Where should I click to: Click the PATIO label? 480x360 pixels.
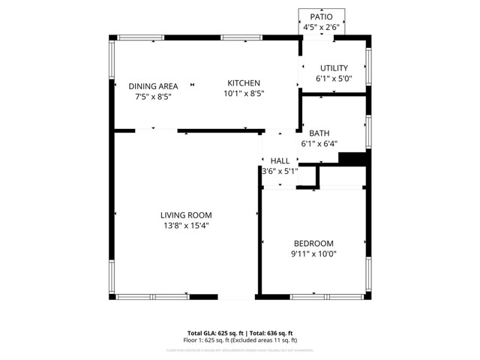pyautogui.click(x=321, y=16)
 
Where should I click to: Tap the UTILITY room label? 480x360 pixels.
pyautogui.click(x=333, y=68)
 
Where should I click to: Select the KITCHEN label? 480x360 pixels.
pyautogui.click(x=244, y=83)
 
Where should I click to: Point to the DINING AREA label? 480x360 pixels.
pyautogui.click(x=153, y=86)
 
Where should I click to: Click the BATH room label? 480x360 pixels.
pyautogui.click(x=319, y=133)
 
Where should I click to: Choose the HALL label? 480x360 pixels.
pyautogui.click(x=280, y=160)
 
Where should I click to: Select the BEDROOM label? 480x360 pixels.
pyautogui.click(x=313, y=243)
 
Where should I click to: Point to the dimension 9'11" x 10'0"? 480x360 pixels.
pyautogui.click(x=313, y=253)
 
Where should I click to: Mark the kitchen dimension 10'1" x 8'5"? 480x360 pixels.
pyautogui.click(x=244, y=94)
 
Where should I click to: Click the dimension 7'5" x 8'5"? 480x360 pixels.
pyautogui.click(x=153, y=97)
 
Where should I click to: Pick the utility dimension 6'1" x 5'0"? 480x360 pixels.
pyautogui.click(x=333, y=79)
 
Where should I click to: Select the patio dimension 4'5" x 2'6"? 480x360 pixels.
pyautogui.click(x=321, y=27)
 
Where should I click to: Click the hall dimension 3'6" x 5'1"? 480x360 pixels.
pyautogui.click(x=280, y=171)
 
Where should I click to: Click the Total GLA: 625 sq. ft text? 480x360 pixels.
pyautogui.click(x=213, y=332)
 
